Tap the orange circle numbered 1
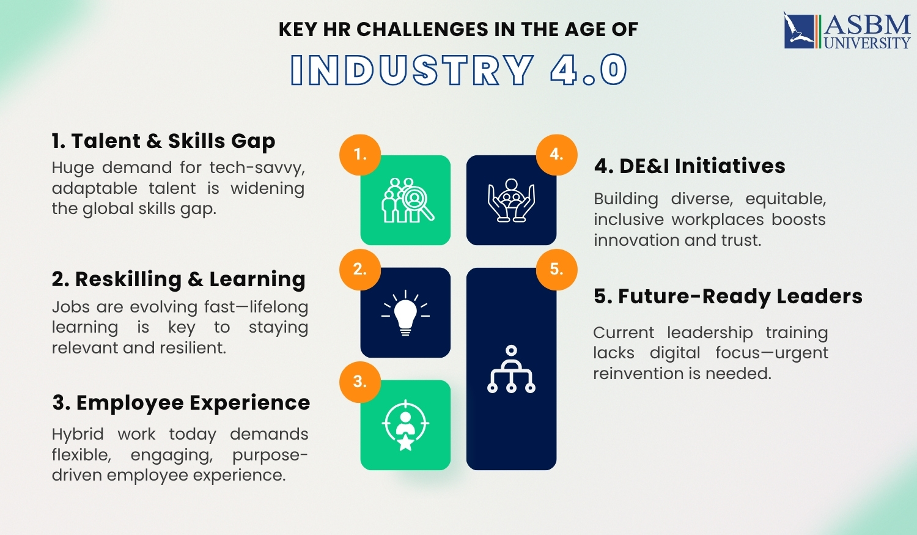(x=360, y=155)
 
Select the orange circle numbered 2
(x=360, y=269)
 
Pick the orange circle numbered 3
(x=360, y=382)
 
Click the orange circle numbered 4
(x=556, y=155)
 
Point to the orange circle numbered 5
(x=556, y=269)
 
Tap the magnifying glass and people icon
(x=407, y=201)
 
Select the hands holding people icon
(x=512, y=201)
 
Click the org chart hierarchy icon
(x=512, y=369)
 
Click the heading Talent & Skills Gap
(x=163, y=141)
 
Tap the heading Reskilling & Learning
(x=178, y=279)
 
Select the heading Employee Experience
(x=181, y=403)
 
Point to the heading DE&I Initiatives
(x=690, y=166)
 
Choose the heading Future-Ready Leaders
(x=727, y=297)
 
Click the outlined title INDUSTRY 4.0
(x=458, y=70)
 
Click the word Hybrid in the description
(x=78, y=434)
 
